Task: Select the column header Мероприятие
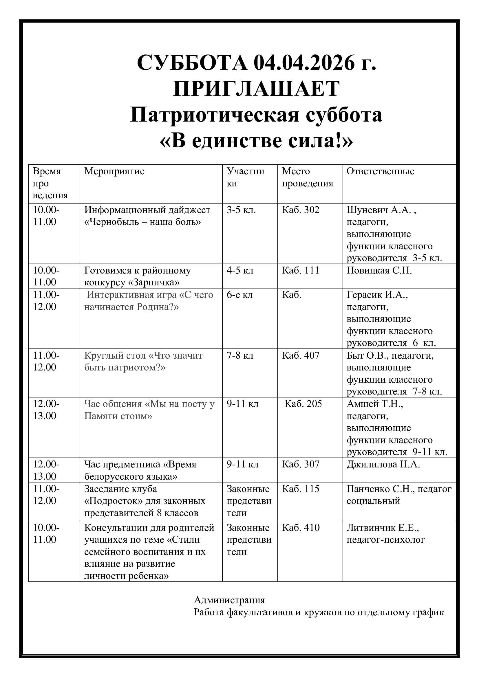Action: pos(114,171)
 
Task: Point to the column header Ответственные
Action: pos(380,171)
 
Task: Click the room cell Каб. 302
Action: pos(301,210)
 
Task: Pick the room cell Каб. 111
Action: pos(301,270)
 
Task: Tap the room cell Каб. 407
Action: pos(301,355)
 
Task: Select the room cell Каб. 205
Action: pos(303,404)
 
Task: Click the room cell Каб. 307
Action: pos(301,464)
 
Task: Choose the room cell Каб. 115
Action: pos(301,489)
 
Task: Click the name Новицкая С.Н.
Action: pos(379,270)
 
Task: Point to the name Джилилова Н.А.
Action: pos(383,464)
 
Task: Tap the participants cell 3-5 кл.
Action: pos(241,210)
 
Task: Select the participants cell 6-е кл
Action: pos(239,295)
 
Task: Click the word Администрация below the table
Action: pos(229,600)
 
